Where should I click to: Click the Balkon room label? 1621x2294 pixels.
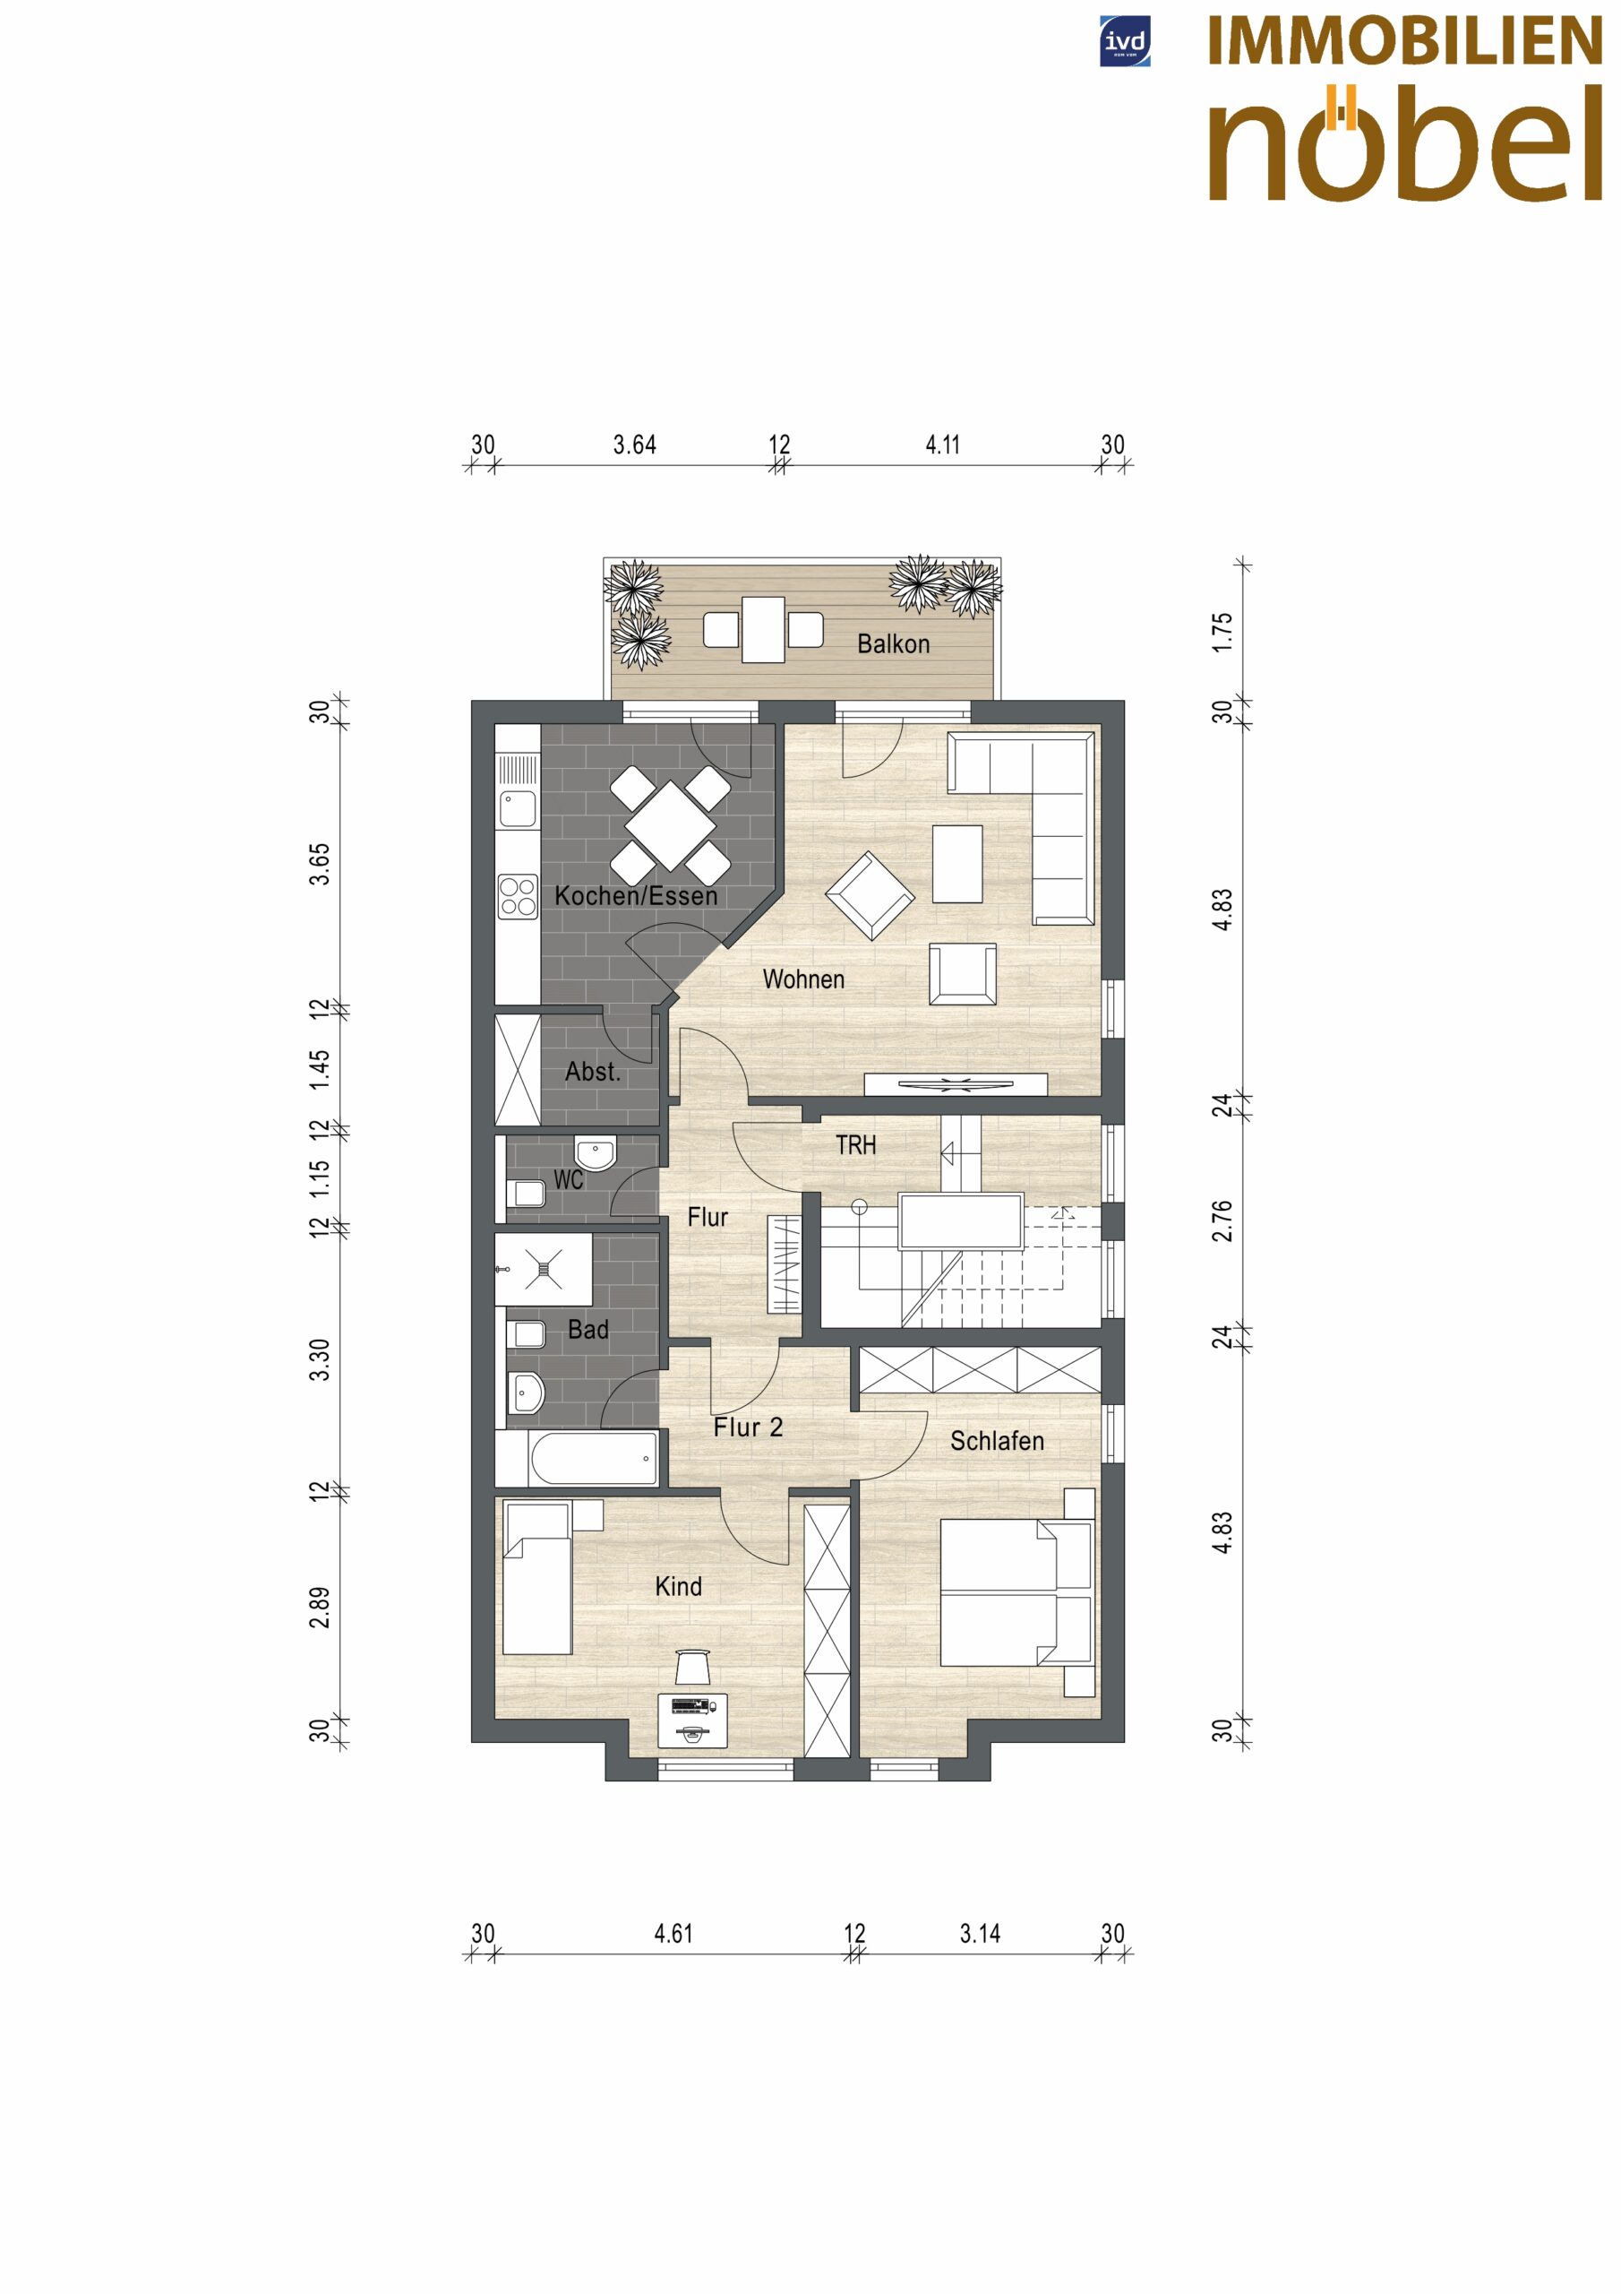[893, 644]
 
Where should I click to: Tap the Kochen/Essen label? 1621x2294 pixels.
[636, 895]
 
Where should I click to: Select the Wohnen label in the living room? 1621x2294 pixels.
[803, 979]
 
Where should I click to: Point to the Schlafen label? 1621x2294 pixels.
[997, 1441]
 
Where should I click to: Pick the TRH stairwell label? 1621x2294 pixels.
[856, 1145]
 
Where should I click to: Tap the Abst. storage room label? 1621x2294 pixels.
[592, 1072]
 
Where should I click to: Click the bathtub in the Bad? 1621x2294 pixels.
[593, 1459]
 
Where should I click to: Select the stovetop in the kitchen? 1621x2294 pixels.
[518, 896]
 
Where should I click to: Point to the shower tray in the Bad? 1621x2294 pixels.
[544, 1269]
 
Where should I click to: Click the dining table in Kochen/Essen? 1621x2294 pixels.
[670, 826]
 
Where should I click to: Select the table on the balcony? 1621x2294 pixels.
[763, 628]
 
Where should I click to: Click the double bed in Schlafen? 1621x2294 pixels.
[1016, 1592]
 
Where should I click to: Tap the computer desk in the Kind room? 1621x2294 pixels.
[692, 1720]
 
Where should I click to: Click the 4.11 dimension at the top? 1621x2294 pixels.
[942, 444]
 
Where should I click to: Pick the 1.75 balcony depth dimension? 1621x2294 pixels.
[1222, 633]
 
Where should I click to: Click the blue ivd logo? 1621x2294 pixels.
[1125, 42]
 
